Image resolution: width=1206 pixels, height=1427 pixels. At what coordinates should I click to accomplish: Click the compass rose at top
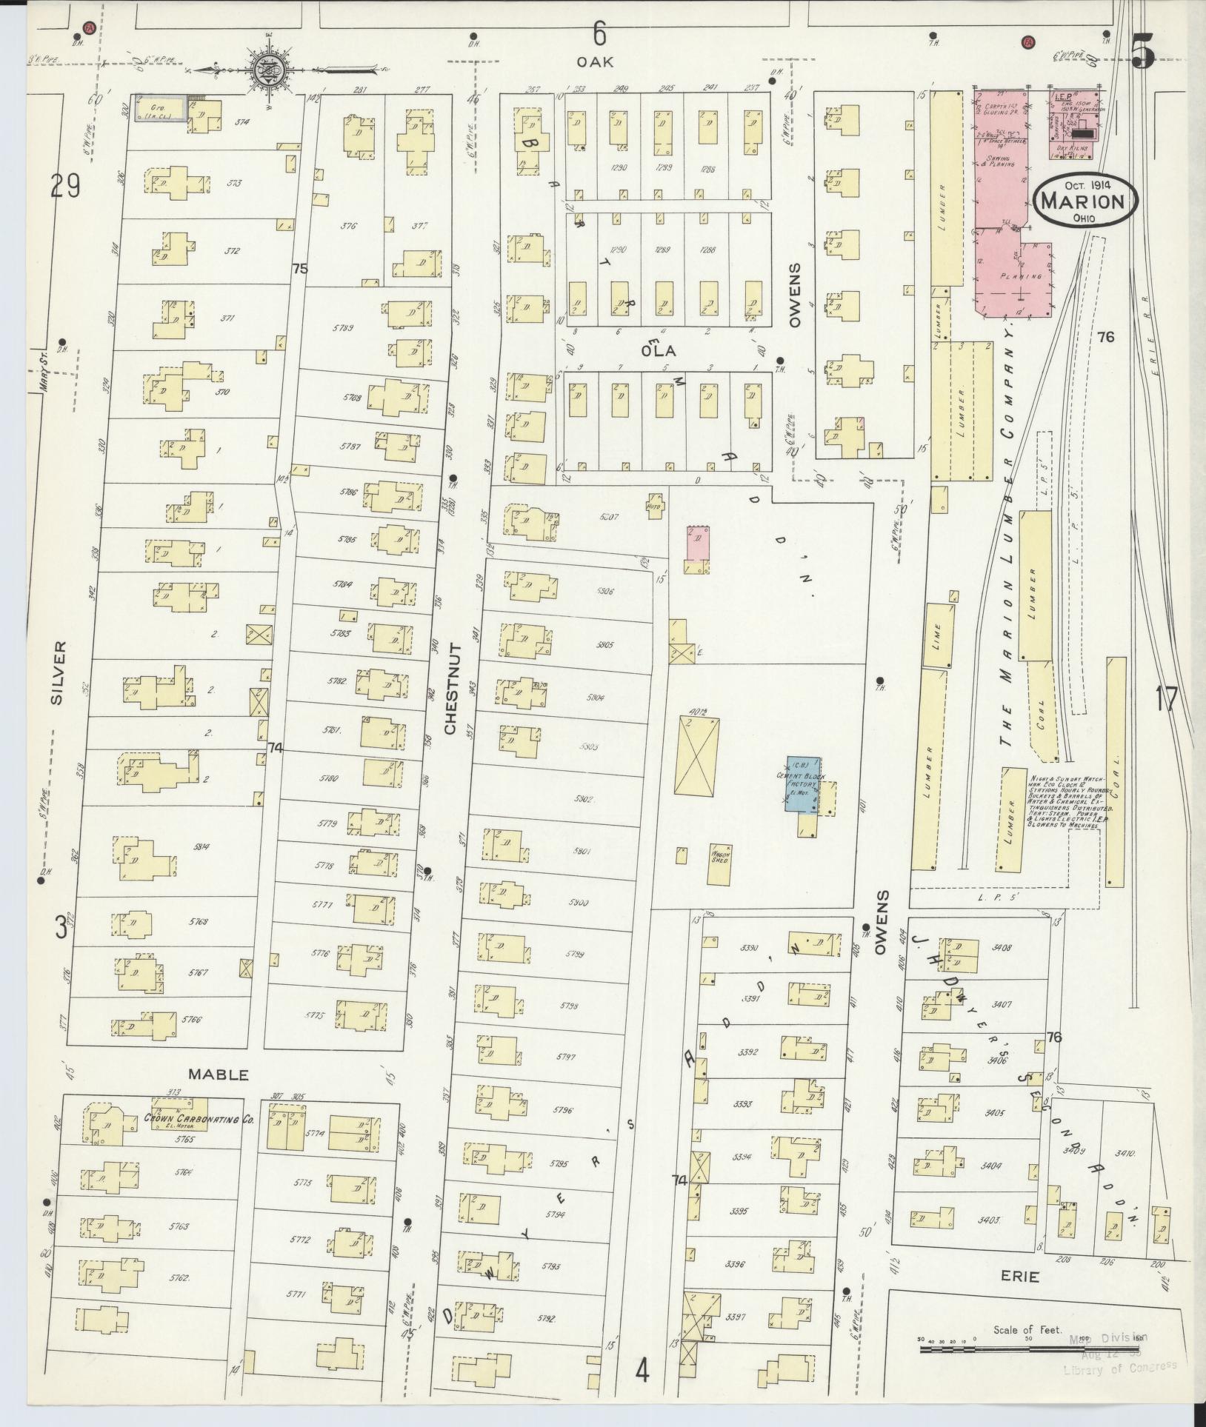coord(267,72)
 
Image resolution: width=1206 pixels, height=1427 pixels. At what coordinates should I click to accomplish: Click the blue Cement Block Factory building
coord(802,784)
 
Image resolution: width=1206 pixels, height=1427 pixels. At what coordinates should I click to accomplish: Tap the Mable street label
coord(218,1074)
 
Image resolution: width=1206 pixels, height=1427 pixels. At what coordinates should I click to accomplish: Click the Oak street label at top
coord(597,62)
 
